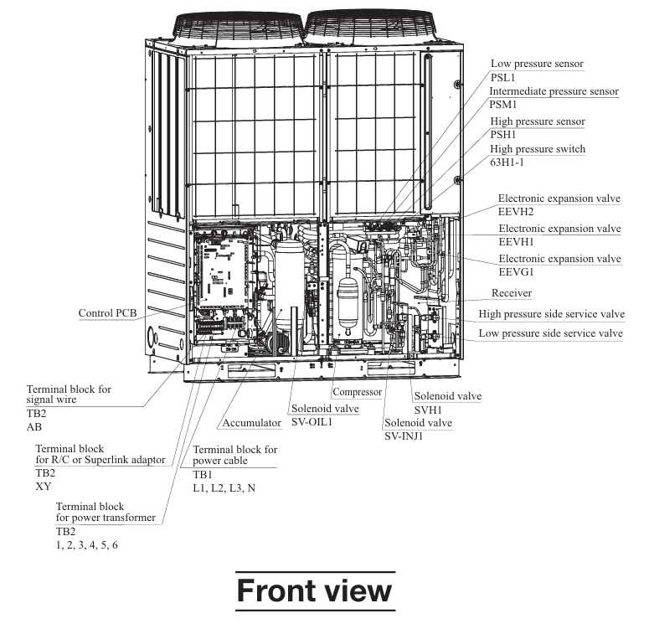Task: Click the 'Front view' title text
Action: point(314,590)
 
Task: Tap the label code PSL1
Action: point(503,78)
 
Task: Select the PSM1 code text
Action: point(505,106)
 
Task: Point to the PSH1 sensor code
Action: point(504,136)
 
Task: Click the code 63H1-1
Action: point(508,163)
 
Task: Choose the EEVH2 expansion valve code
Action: point(517,213)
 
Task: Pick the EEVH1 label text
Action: point(517,242)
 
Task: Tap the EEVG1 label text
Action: point(517,272)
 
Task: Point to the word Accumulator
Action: point(252,423)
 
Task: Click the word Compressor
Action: point(357,392)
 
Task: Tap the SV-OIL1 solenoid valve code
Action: point(312,421)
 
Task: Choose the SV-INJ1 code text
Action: point(406,436)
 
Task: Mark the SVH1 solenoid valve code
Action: point(428,410)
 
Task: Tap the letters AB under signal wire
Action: point(35,427)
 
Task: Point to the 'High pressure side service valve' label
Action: point(552,314)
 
